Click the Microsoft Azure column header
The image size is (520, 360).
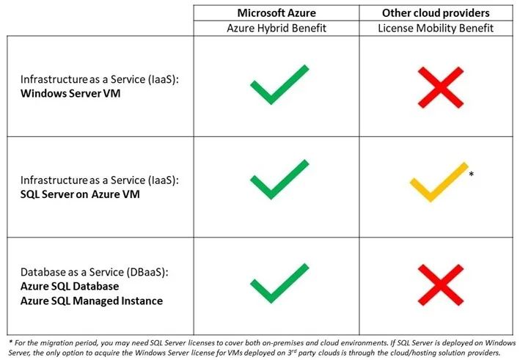tap(277, 13)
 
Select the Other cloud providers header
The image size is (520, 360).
tap(436, 13)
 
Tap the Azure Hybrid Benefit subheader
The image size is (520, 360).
tap(277, 28)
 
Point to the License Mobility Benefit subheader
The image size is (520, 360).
tap(436, 28)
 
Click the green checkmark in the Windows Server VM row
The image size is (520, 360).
tap(272, 96)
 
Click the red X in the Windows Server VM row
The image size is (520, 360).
tap(440, 87)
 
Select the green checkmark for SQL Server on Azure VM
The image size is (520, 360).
tap(272, 191)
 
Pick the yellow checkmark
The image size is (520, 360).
tap(431, 193)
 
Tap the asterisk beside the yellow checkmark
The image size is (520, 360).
tap(472, 174)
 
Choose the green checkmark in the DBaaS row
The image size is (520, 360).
tap(272, 294)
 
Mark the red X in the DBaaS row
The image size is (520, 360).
tap(440, 284)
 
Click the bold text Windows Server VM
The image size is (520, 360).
tap(70, 93)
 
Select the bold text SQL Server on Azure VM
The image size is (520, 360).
tap(80, 194)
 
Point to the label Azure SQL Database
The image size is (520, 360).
tap(70, 287)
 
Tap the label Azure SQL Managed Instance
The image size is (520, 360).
tap(92, 301)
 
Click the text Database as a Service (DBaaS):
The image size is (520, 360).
tap(95, 272)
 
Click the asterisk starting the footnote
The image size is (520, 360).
tap(11, 342)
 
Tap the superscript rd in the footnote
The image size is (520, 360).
tap(293, 350)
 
